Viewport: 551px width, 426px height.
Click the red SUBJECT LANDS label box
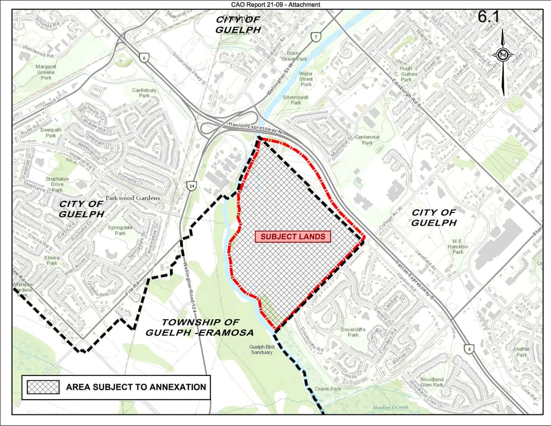tap(293, 237)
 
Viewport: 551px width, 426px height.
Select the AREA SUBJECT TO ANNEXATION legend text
tap(136, 387)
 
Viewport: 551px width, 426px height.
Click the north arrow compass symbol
tap(503, 55)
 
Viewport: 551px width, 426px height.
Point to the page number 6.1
tap(488, 17)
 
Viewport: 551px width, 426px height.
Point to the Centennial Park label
tap(367, 140)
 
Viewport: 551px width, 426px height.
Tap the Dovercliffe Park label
tap(353, 332)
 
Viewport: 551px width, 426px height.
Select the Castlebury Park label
tap(144, 92)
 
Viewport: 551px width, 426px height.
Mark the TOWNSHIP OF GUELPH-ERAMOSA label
tap(199, 327)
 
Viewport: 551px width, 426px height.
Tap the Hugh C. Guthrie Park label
tap(406, 73)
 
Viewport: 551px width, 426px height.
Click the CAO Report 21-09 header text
tap(275, 4)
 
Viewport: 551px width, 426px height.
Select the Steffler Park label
tap(521, 352)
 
